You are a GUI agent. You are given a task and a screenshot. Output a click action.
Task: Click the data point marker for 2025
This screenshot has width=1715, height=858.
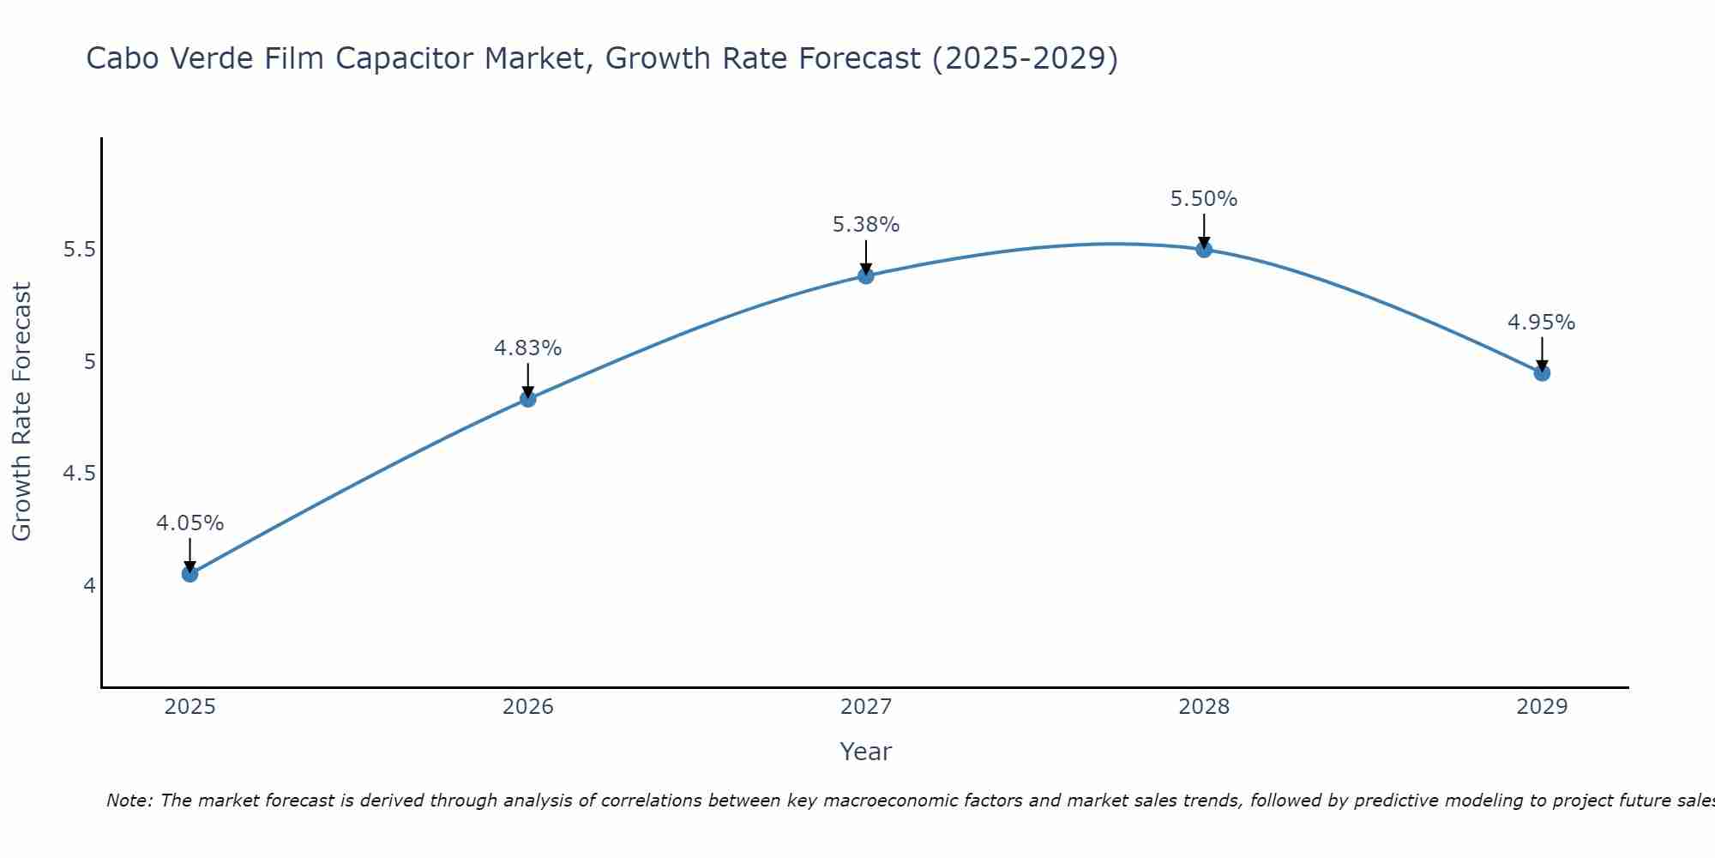pyautogui.click(x=190, y=574)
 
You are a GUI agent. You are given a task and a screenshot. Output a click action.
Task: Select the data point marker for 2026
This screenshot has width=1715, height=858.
pyautogui.click(x=528, y=399)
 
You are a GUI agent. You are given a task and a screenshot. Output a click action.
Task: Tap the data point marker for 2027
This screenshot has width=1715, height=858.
pyautogui.click(x=866, y=275)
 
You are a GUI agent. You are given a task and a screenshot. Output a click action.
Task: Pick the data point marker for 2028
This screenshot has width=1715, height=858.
pyautogui.click(x=1204, y=250)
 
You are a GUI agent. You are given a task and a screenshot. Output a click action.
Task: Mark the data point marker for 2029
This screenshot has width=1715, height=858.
pyautogui.click(x=1542, y=373)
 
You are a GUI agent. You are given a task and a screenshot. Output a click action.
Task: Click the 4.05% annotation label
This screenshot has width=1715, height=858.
pyautogui.click(x=190, y=523)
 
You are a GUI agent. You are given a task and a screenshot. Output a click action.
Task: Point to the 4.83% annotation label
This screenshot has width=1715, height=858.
pyautogui.click(x=528, y=348)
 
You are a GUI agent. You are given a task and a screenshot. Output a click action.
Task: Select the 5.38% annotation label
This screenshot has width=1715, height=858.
pyautogui.click(x=866, y=225)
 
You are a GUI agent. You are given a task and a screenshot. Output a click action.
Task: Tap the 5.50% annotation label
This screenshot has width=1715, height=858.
pyautogui.click(x=1204, y=199)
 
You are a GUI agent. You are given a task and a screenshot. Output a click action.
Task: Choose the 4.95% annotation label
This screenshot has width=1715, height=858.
pyautogui.click(x=1542, y=323)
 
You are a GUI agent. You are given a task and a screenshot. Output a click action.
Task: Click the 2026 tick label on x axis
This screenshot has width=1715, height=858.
pyautogui.click(x=528, y=707)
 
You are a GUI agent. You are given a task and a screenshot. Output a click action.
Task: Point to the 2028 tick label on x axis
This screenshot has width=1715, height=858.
pyautogui.click(x=1204, y=707)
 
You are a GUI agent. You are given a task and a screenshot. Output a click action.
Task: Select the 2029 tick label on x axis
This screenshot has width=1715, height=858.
pyautogui.click(x=1542, y=707)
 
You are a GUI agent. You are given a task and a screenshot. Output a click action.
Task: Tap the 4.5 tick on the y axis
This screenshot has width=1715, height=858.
pyautogui.click(x=79, y=474)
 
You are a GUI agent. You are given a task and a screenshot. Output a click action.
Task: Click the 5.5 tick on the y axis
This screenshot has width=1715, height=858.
pyautogui.click(x=79, y=250)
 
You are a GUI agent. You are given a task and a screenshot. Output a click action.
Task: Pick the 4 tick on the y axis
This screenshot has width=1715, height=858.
pyautogui.click(x=89, y=586)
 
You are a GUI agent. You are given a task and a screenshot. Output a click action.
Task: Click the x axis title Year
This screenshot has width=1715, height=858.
pyautogui.click(x=866, y=752)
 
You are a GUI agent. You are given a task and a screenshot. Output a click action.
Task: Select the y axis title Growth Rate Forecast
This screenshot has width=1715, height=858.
pyautogui.click(x=21, y=412)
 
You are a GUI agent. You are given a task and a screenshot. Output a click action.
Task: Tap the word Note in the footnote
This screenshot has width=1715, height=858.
pyautogui.click(x=129, y=801)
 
